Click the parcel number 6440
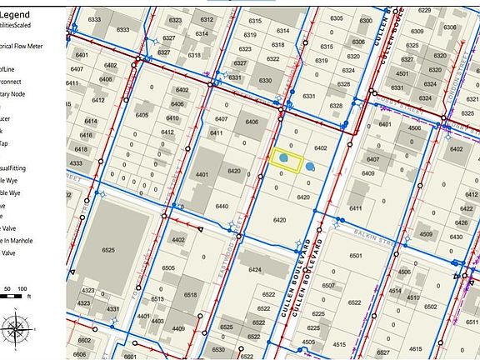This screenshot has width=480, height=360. pyautogui.click(x=222, y=206)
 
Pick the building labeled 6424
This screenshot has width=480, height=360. pyautogui.click(x=255, y=269)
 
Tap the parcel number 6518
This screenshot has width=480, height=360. pyautogui.click(x=190, y=295)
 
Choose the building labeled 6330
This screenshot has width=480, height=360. pyautogui.click(x=264, y=81)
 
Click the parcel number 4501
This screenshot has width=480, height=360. pyautogui.click(x=402, y=73)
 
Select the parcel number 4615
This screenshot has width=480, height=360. pyautogui.click(x=340, y=344)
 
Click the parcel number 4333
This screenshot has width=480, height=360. pyautogui.click(x=76, y=163)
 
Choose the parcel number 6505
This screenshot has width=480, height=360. pyautogui.click(x=169, y=267)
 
